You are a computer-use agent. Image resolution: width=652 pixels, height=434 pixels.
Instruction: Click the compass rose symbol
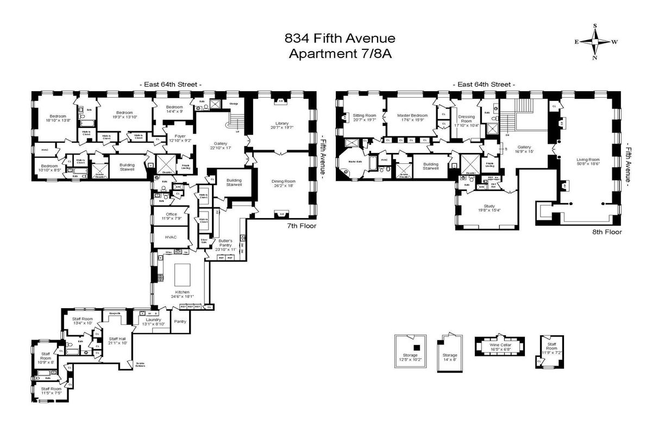tap(595, 41)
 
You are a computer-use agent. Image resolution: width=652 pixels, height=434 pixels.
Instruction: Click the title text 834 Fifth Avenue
tap(341, 39)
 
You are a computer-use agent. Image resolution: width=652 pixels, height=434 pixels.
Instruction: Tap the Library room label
tap(281, 123)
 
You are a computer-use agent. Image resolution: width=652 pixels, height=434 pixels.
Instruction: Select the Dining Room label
tap(283, 181)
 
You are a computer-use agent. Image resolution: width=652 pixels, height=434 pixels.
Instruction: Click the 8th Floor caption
tap(607, 231)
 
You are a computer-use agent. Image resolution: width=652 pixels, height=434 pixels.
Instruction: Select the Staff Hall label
tap(117, 339)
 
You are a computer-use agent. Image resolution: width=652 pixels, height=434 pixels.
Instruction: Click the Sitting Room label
tap(365, 116)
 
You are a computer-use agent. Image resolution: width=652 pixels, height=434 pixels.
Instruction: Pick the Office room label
tap(171, 214)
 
